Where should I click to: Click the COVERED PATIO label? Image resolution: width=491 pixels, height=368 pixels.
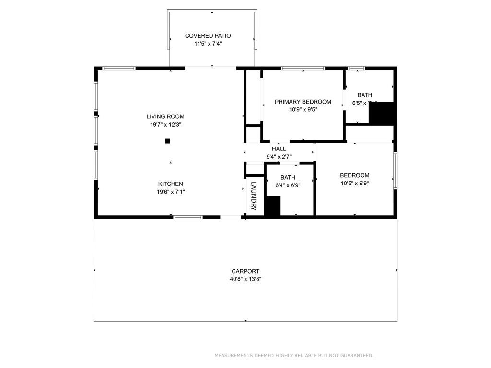(208, 36)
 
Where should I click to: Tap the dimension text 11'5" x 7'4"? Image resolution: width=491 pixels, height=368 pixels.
(208, 44)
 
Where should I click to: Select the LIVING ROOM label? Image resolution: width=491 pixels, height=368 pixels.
(165, 116)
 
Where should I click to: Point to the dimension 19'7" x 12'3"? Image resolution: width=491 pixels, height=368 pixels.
(165, 124)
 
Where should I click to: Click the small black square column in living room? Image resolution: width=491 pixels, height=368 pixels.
(167, 141)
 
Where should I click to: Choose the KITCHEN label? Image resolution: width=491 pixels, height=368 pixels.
(170, 184)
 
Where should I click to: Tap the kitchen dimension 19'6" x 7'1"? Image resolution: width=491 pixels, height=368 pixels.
(170, 192)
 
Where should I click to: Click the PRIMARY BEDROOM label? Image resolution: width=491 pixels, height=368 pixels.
(303, 102)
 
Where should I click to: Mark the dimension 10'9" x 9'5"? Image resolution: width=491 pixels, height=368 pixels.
(303, 109)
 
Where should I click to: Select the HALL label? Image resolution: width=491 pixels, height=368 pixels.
(279, 149)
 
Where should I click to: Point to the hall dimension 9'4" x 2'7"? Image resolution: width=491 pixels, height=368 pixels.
(279, 156)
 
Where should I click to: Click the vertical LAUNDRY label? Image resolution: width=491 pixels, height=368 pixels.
(254, 196)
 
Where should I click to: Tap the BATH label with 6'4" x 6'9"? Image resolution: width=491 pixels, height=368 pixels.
(288, 177)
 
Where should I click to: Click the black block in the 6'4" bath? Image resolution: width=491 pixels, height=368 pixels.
(272, 206)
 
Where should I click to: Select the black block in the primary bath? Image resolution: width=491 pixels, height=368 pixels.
(382, 113)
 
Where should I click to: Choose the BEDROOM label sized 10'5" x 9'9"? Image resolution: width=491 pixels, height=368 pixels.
(354, 175)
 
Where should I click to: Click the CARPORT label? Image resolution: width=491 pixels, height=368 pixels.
(245, 271)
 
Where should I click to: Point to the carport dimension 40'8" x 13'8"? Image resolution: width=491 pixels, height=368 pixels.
(245, 279)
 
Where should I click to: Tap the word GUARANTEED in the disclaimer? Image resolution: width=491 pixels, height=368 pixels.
(356, 356)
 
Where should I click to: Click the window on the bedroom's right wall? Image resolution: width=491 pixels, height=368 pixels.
(396, 170)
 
